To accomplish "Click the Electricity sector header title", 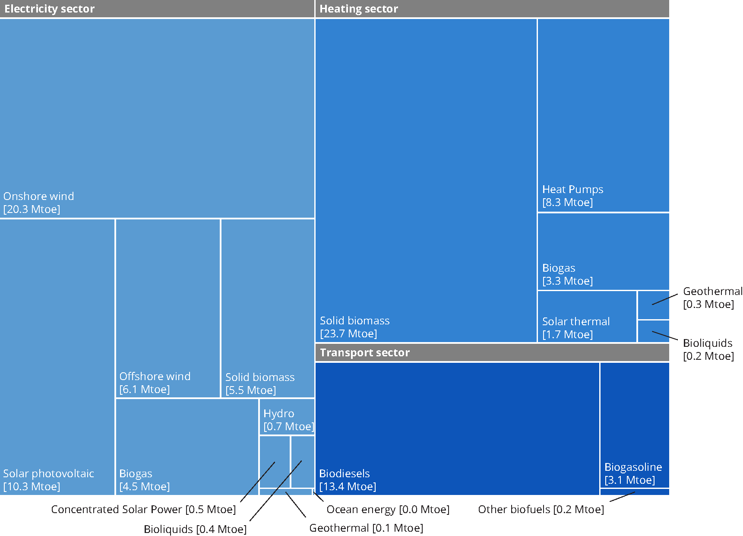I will point(49,9).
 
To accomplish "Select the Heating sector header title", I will point(358,9).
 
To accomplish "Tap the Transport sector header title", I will point(364,353).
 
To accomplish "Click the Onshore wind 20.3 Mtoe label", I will point(38,203).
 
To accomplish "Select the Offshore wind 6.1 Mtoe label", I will point(155,383).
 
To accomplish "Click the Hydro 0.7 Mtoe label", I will point(288,420).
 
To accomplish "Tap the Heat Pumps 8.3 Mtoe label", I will point(572,196).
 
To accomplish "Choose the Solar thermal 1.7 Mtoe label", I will point(575,328).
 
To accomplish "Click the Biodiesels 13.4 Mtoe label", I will point(347,480).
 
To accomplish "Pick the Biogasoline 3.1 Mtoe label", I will point(633,473).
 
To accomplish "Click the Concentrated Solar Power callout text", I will point(143,510).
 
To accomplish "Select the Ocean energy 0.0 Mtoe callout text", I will point(388,510).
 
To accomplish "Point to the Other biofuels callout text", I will point(541,510).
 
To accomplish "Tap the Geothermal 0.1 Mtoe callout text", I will point(366,528).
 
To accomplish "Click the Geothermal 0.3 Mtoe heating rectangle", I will point(653,305).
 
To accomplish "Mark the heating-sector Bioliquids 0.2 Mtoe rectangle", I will point(653,331).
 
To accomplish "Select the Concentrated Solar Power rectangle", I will point(275,462).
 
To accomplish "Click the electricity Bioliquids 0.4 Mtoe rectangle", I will point(302,462).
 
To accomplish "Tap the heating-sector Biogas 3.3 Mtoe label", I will point(567,274).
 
